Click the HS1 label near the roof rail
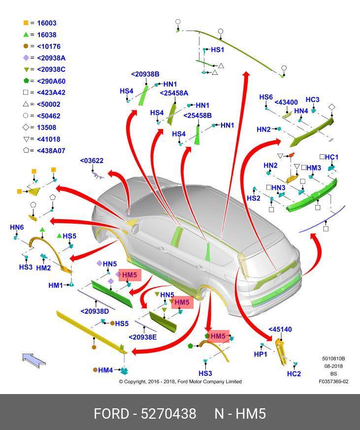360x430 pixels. pos(217,50)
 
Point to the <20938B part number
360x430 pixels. pos(145,74)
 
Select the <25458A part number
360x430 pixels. pos(174,93)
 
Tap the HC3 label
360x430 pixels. pos(312,99)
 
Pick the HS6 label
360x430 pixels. pos(266,97)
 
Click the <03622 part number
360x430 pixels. pos(92,161)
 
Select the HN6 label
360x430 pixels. pos(17,227)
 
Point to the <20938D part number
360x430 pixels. pos(95,311)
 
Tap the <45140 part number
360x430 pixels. pos(280,330)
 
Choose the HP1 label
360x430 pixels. pos(260,354)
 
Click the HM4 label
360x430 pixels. pos(105,370)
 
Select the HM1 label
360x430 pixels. pos(56,285)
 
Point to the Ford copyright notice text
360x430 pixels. pos(180,381)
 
